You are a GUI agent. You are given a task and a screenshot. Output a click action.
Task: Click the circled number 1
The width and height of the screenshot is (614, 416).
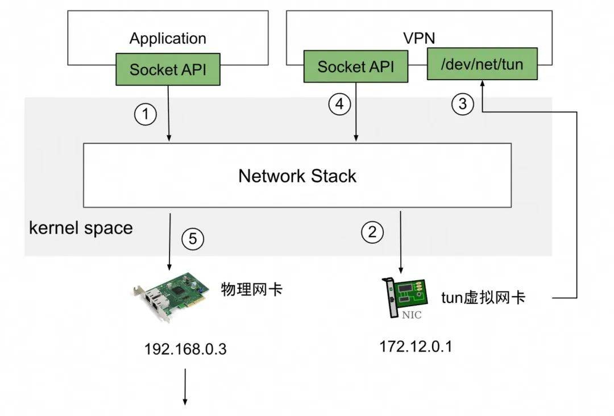click(x=146, y=114)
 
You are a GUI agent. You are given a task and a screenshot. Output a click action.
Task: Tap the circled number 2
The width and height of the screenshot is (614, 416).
click(x=372, y=232)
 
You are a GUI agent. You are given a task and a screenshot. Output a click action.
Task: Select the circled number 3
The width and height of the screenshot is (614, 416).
click(x=462, y=104)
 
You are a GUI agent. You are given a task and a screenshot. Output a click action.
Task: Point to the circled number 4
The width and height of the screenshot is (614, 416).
click(x=339, y=104)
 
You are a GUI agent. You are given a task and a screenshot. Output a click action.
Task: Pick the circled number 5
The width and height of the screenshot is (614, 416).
click(x=193, y=238)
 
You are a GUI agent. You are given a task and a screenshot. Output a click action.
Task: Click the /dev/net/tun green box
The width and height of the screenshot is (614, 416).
click(x=482, y=64)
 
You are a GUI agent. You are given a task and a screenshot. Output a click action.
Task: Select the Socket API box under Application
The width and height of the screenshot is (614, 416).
click(x=168, y=69)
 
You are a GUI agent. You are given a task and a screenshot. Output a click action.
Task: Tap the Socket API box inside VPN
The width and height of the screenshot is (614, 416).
click(x=355, y=66)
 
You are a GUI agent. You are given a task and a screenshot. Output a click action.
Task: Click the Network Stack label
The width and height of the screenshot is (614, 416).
click(x=297, y=176)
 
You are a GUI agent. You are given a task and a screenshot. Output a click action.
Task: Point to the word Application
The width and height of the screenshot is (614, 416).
click(x=168, y=38)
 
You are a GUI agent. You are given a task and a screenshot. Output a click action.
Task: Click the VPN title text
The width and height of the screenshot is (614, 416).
click(x=419, y=38)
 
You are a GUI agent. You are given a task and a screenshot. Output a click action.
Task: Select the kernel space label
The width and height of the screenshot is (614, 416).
click(x=81, y=228)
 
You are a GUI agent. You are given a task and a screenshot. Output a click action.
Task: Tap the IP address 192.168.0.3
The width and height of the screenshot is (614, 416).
click(x=185, y=349)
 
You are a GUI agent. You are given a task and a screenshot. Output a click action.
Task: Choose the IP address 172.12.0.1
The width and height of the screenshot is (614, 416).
click(x=416, y=346)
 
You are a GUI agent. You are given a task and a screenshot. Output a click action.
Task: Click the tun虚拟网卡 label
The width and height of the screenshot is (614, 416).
click(x=483, y=298)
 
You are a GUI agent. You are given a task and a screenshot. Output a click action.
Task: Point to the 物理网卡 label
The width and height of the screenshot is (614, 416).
click(x=252, y=290)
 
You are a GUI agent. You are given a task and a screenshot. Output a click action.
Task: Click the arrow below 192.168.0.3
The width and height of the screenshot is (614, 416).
click(x=185, y=386)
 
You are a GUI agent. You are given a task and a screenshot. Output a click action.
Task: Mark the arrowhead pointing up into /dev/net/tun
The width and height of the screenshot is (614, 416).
click(x=483, y=83)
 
